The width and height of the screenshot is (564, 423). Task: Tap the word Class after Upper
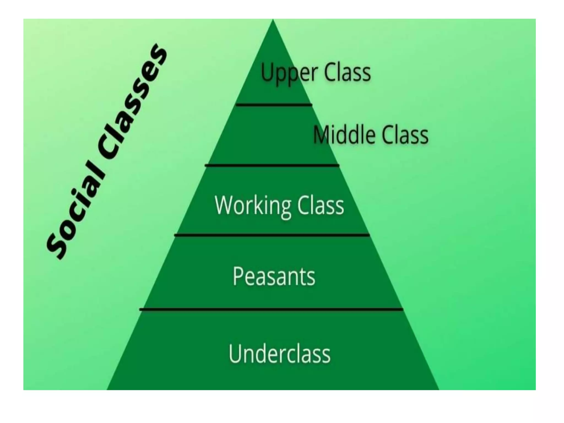(347, 72)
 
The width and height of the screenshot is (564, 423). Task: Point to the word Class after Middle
(405, 135)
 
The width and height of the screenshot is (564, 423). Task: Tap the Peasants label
(274, 276)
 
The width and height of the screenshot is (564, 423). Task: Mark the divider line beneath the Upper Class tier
(274, 105)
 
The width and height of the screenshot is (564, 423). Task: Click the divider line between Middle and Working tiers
(272, 166)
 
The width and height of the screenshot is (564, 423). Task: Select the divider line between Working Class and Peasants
(272, 235)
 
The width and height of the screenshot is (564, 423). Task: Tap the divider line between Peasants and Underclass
(271, 310)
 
